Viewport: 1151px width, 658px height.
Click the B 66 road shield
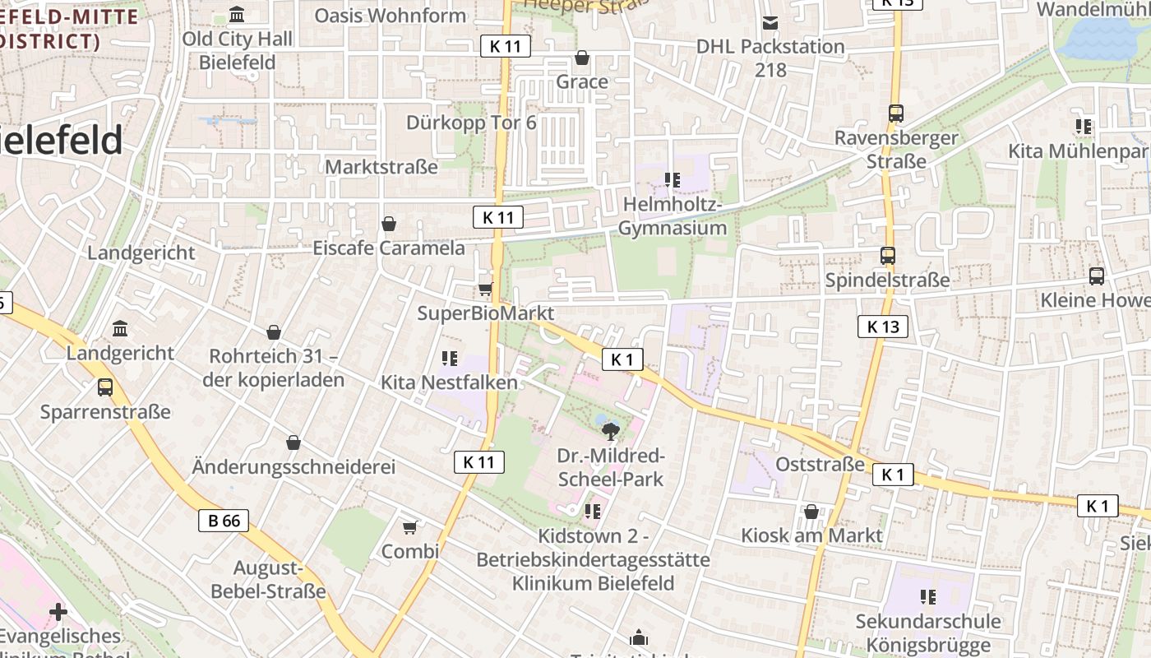click(224, 520)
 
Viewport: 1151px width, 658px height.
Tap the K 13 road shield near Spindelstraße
click(883, 327)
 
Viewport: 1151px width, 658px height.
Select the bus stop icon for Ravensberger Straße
click(896, 114)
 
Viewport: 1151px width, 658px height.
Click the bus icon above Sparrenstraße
click(105, 387)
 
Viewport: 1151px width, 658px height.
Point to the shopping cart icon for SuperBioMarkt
click(485, 289)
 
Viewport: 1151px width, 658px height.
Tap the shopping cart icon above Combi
click(409, 526)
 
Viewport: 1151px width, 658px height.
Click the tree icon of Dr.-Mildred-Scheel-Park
click(610, 431)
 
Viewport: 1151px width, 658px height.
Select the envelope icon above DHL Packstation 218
click(770, 23)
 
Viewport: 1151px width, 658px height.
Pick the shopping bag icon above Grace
click(582, 58)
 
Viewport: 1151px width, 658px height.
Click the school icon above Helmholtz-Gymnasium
click(673, 179)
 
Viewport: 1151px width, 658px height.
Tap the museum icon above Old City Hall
click(238, 14)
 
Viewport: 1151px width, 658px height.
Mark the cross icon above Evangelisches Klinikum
click(58, 612)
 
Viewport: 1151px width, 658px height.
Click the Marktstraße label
click(381, 167)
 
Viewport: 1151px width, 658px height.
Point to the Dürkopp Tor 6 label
click(471, 123)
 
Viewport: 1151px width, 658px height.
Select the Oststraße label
click(820, 465)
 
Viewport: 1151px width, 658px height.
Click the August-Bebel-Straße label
click(268, 580)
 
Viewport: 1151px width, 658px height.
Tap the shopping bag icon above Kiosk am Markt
click(811, 512)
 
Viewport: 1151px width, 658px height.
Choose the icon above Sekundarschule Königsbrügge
click(928, 597)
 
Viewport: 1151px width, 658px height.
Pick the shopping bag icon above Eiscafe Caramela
click(389, 224)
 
